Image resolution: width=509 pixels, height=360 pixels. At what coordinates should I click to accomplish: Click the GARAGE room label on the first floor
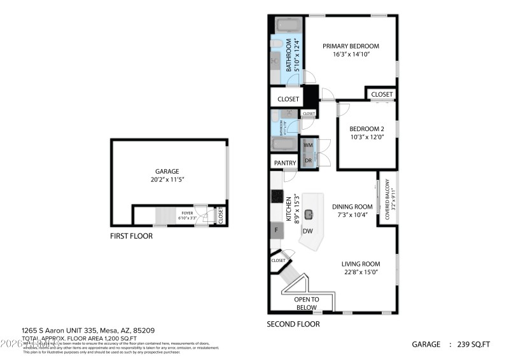pyautogui.click(x=168, y=171)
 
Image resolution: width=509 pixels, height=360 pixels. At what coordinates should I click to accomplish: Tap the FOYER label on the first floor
pyautogui.click(x=187, y=213)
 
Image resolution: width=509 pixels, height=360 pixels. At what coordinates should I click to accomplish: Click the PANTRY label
pyautogui.click(x=285, y=163)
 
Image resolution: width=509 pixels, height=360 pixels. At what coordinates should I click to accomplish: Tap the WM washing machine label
pyautogui.click(x=308, y=146)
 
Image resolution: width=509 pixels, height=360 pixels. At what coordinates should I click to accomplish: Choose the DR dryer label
pyautogui.click(x=308, y=160)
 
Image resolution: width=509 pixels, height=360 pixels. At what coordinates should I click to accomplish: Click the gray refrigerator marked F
pyautogui.click(x=277, y=230)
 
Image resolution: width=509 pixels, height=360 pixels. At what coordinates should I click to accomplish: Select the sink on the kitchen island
pyautogui.click(x=309, y=215)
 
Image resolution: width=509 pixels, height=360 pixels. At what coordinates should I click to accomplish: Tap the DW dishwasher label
pyautogui.click(x=307, y=231)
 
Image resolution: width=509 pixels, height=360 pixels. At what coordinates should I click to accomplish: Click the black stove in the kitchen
pyautogui.click(x=277, y=197)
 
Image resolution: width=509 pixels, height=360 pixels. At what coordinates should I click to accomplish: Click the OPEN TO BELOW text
pyautogui.click(x=306, y=303)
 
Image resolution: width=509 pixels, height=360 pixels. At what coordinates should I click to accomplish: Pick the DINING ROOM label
pyautogui.click(x=352, y=206)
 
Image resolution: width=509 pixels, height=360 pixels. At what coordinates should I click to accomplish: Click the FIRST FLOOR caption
pyautogui.click(x=131, y=235)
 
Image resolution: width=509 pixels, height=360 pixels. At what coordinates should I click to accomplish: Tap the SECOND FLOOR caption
pyautogui.click(x=293, y=324)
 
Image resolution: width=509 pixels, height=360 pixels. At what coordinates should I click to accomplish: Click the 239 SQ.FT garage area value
pyautogui.click(x=474, y=344)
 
